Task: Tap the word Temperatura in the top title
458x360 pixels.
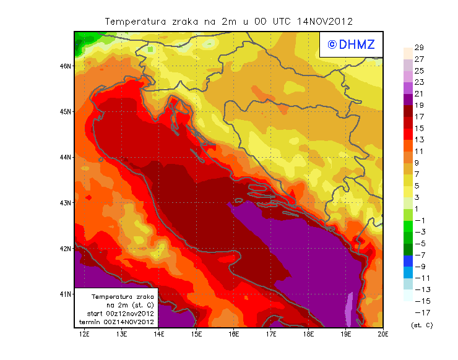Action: click(136, 22)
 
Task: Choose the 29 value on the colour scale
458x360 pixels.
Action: click(419, 48)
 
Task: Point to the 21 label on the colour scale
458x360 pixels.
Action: click(419, 94)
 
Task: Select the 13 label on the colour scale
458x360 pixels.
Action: click(419, 140)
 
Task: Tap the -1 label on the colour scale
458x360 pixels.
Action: click(420, 220)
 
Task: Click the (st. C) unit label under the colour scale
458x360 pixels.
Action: click(421, 325)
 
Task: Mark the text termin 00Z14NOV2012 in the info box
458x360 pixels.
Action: click(116, 322)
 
